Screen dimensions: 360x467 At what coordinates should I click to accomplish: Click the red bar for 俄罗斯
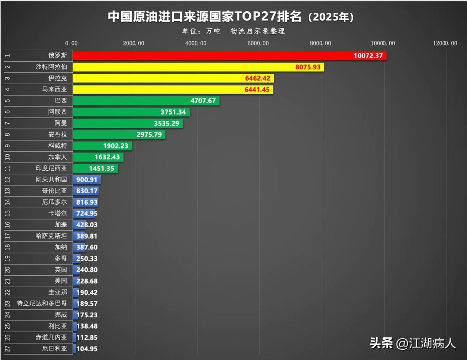[x=212, y=55]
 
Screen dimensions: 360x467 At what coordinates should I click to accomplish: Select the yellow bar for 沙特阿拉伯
[x=182, y=67]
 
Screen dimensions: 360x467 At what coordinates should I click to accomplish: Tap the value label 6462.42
[x=258, y=78]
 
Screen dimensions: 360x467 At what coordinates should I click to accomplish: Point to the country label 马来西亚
[x=55, y=89]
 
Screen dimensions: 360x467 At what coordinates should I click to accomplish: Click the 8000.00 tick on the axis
[x=320, y=43]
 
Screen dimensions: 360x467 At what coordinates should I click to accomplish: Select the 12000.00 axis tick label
[x=445, y=43]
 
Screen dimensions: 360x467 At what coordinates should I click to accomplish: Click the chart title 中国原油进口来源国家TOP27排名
[x=205, y=17]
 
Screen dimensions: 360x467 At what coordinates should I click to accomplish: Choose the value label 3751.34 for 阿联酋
[x=173, y=112]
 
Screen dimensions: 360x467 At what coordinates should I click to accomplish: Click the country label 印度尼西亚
[x=51, y=168]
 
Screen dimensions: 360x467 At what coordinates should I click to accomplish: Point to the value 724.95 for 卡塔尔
[x=87, y=213]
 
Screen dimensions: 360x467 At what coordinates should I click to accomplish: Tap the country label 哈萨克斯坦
[x=51, y=236]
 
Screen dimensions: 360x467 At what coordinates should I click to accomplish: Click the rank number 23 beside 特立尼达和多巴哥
[x=8, y=303]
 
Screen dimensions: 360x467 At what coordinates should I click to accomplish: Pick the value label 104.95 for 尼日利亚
[x=87, y=349]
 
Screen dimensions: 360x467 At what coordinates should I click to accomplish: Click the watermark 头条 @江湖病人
[x=413, y=343]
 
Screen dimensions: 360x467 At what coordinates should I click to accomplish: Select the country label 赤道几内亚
[x=51, y=337]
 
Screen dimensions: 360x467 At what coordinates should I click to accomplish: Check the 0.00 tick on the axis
[x=72, y=43]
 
